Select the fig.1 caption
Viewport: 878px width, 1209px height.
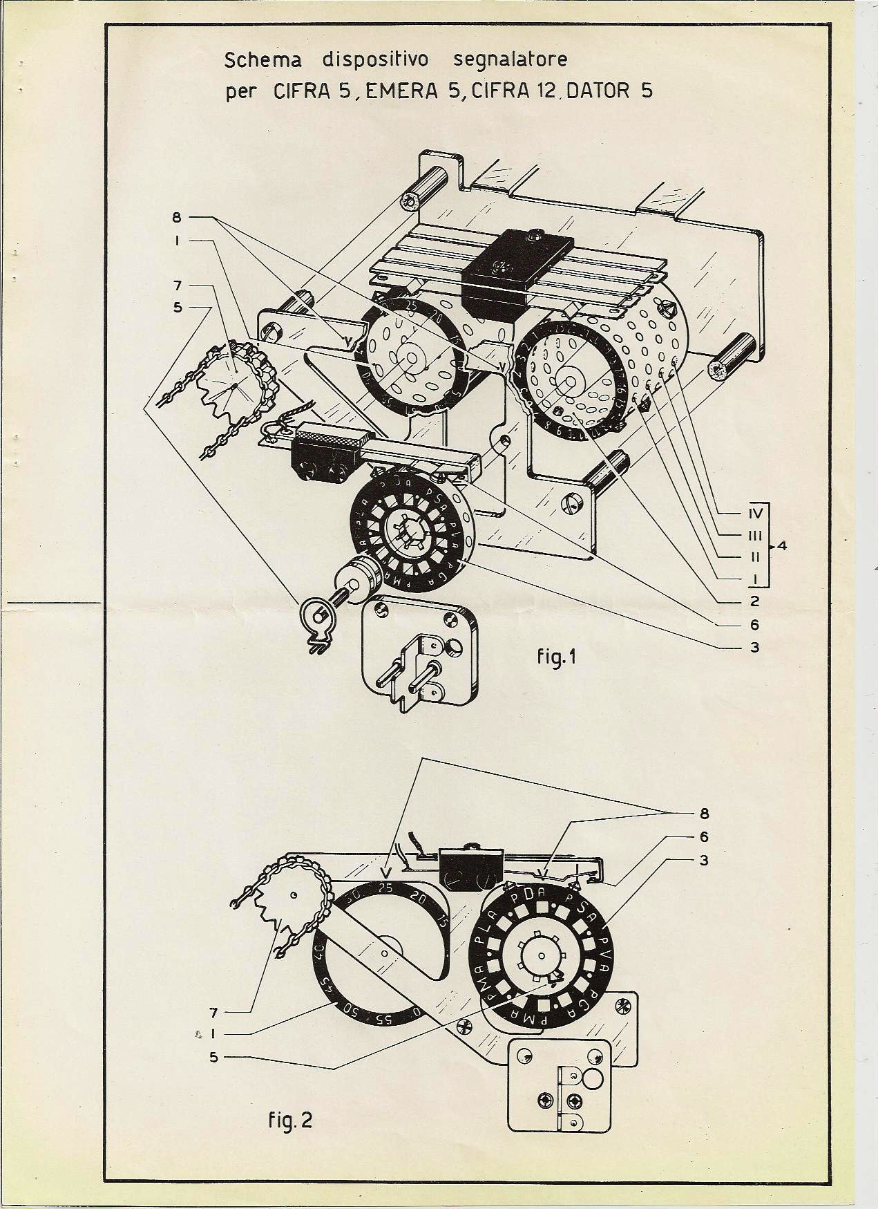(x=557, y=657)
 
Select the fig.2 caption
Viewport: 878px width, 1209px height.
(x=290, y=1119)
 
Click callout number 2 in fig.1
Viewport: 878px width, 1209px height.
(x=754, y=601)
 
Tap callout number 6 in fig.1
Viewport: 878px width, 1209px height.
(x=754, y=625)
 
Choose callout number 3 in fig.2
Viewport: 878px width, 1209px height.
(x=703, y=861)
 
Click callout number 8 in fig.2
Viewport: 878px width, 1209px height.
(x=703, y=813)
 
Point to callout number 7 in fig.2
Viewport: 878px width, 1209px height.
(x=213, y=1013)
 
